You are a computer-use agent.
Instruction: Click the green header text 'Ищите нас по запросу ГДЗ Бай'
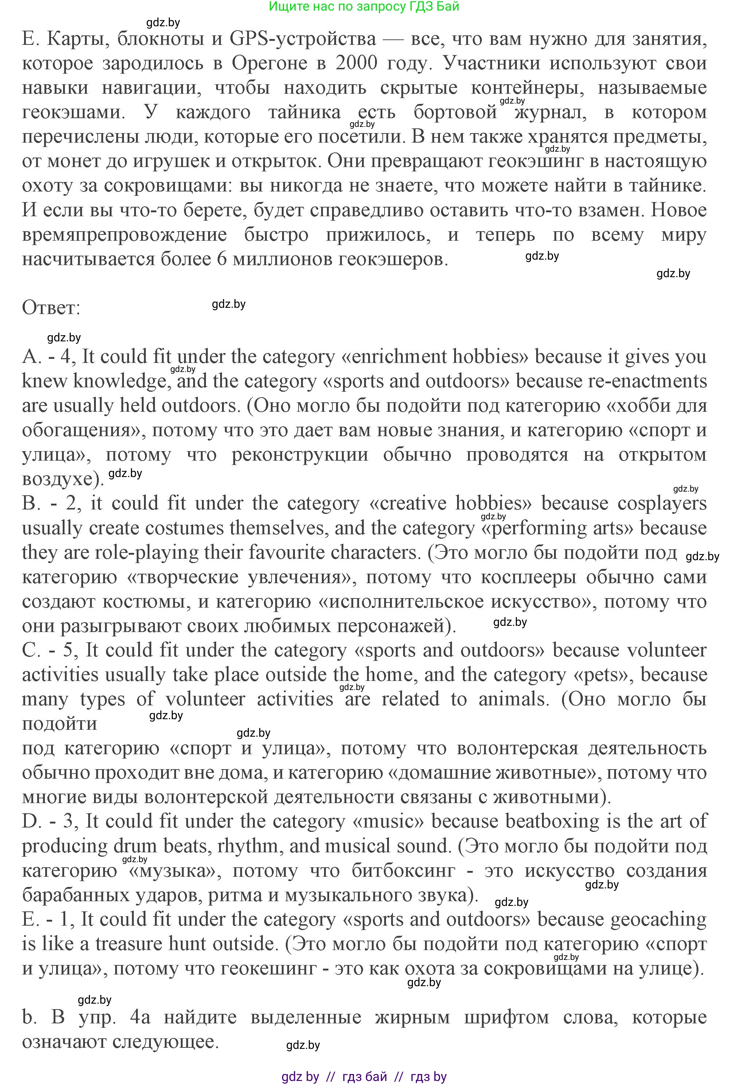364,7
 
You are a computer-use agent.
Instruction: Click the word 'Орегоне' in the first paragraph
269,63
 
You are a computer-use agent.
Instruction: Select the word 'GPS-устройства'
303,39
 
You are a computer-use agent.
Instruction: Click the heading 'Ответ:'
51,308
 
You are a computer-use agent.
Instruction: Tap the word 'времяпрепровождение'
125,235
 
